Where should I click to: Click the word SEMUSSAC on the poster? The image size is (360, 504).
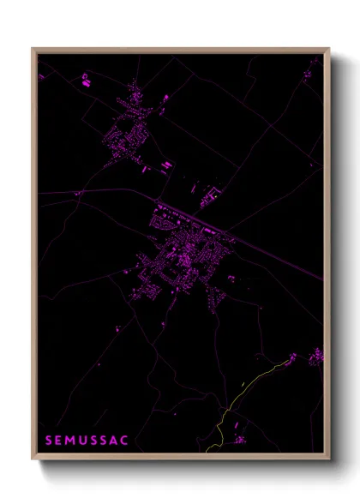pos(87,441)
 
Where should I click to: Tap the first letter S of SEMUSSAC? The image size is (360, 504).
pos(48,441)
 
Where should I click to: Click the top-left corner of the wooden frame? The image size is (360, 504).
pos(33,49)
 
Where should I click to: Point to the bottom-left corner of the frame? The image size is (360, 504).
pos(33,460)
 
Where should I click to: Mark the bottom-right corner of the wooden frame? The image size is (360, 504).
pos(327,460)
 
